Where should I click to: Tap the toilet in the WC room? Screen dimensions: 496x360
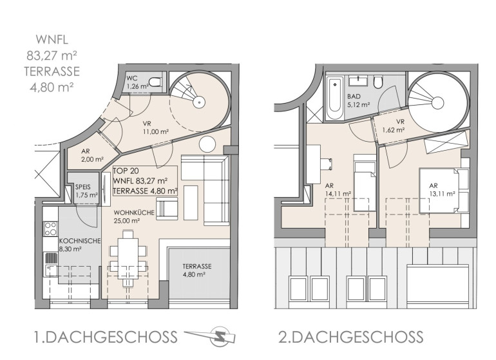point(155,82)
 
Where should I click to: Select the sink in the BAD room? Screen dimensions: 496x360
point(358,81)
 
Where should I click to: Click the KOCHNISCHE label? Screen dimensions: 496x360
point(80,241)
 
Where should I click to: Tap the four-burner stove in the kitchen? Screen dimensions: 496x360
point(51,229)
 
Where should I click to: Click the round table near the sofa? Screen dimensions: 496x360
point(207,144)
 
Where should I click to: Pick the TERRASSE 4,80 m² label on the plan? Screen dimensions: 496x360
point(197,270)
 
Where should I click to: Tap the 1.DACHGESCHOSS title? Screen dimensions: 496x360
point(106,337)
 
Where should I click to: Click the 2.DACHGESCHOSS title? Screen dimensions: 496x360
point(350,337)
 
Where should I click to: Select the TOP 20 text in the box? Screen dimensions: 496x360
point(126,171)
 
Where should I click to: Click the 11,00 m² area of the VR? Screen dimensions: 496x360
point(155,132)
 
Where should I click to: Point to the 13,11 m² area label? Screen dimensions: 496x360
point(443,194)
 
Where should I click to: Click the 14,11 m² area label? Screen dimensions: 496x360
point(338,194)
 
